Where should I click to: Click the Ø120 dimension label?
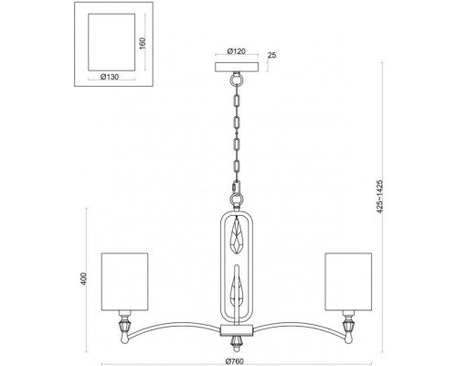click(237, 51)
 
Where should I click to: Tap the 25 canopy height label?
click(271, 55)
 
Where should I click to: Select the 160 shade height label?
click(143, 43)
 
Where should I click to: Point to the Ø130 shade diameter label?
click(110, 77)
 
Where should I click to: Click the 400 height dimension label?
click(83, 279)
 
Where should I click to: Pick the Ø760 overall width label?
click(235, 361)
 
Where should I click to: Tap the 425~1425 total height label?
click(379, 197)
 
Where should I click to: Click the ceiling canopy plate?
click(237, 67)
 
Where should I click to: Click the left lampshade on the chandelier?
click(124, 282)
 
